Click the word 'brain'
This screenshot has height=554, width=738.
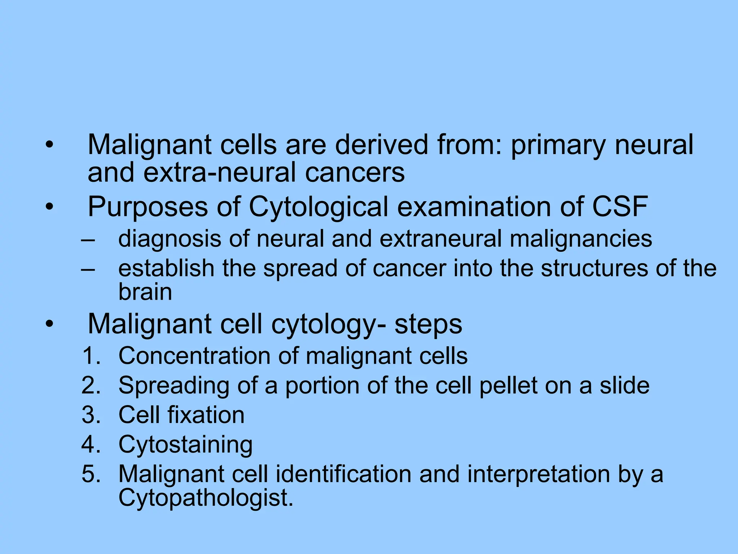point(145,292)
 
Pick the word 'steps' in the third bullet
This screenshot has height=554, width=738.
point(428,324)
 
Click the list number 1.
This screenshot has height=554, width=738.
point(90,356)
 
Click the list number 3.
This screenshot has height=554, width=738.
point(90,415)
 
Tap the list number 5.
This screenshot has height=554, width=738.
point(90,474)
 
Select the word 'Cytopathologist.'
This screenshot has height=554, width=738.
point(206,498)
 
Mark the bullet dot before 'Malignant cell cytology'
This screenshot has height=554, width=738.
point(49,324)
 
